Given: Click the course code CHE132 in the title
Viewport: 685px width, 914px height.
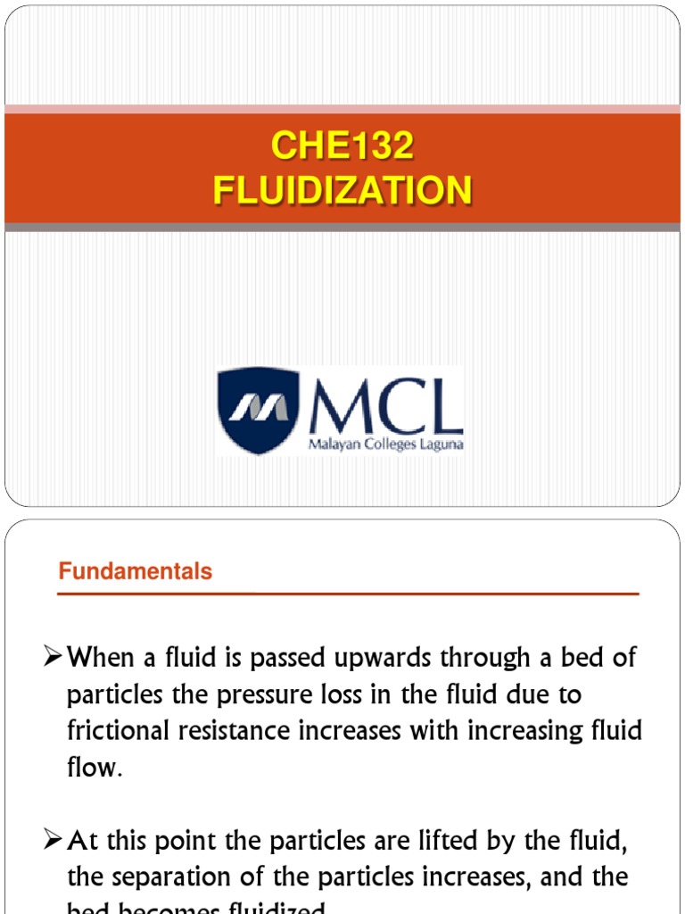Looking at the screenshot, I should (342, 146).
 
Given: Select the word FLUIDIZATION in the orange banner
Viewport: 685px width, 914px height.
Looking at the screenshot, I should (342, 190).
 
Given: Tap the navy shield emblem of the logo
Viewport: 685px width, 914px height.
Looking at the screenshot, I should (259, 410).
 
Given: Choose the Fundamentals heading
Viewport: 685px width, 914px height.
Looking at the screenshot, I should (136, 572).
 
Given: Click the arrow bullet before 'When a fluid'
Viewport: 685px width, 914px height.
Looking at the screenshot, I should (54, 659).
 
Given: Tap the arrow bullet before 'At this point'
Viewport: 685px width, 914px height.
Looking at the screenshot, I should (54, 841).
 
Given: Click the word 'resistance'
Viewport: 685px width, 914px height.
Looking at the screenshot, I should (230, 731).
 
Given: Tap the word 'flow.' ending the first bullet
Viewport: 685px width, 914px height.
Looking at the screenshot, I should (94, 767).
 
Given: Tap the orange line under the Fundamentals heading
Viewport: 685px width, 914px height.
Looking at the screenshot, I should (348, 594).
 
